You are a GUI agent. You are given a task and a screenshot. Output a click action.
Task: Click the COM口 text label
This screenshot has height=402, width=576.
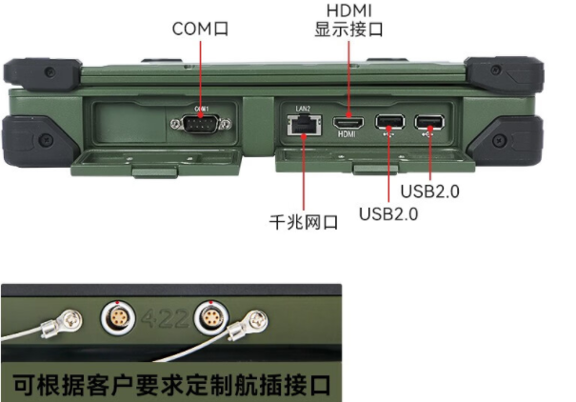(x=200, y=29)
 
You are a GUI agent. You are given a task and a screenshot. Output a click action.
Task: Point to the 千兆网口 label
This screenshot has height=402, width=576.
(x=304, y=224)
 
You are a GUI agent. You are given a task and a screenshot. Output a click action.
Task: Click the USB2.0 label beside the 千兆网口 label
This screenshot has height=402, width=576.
(x=388, y=212)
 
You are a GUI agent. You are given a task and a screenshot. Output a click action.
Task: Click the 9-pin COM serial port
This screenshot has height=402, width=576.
(x=201, y=121)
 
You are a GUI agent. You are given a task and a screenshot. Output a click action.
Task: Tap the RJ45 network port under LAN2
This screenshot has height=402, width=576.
(x=303, y=125)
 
